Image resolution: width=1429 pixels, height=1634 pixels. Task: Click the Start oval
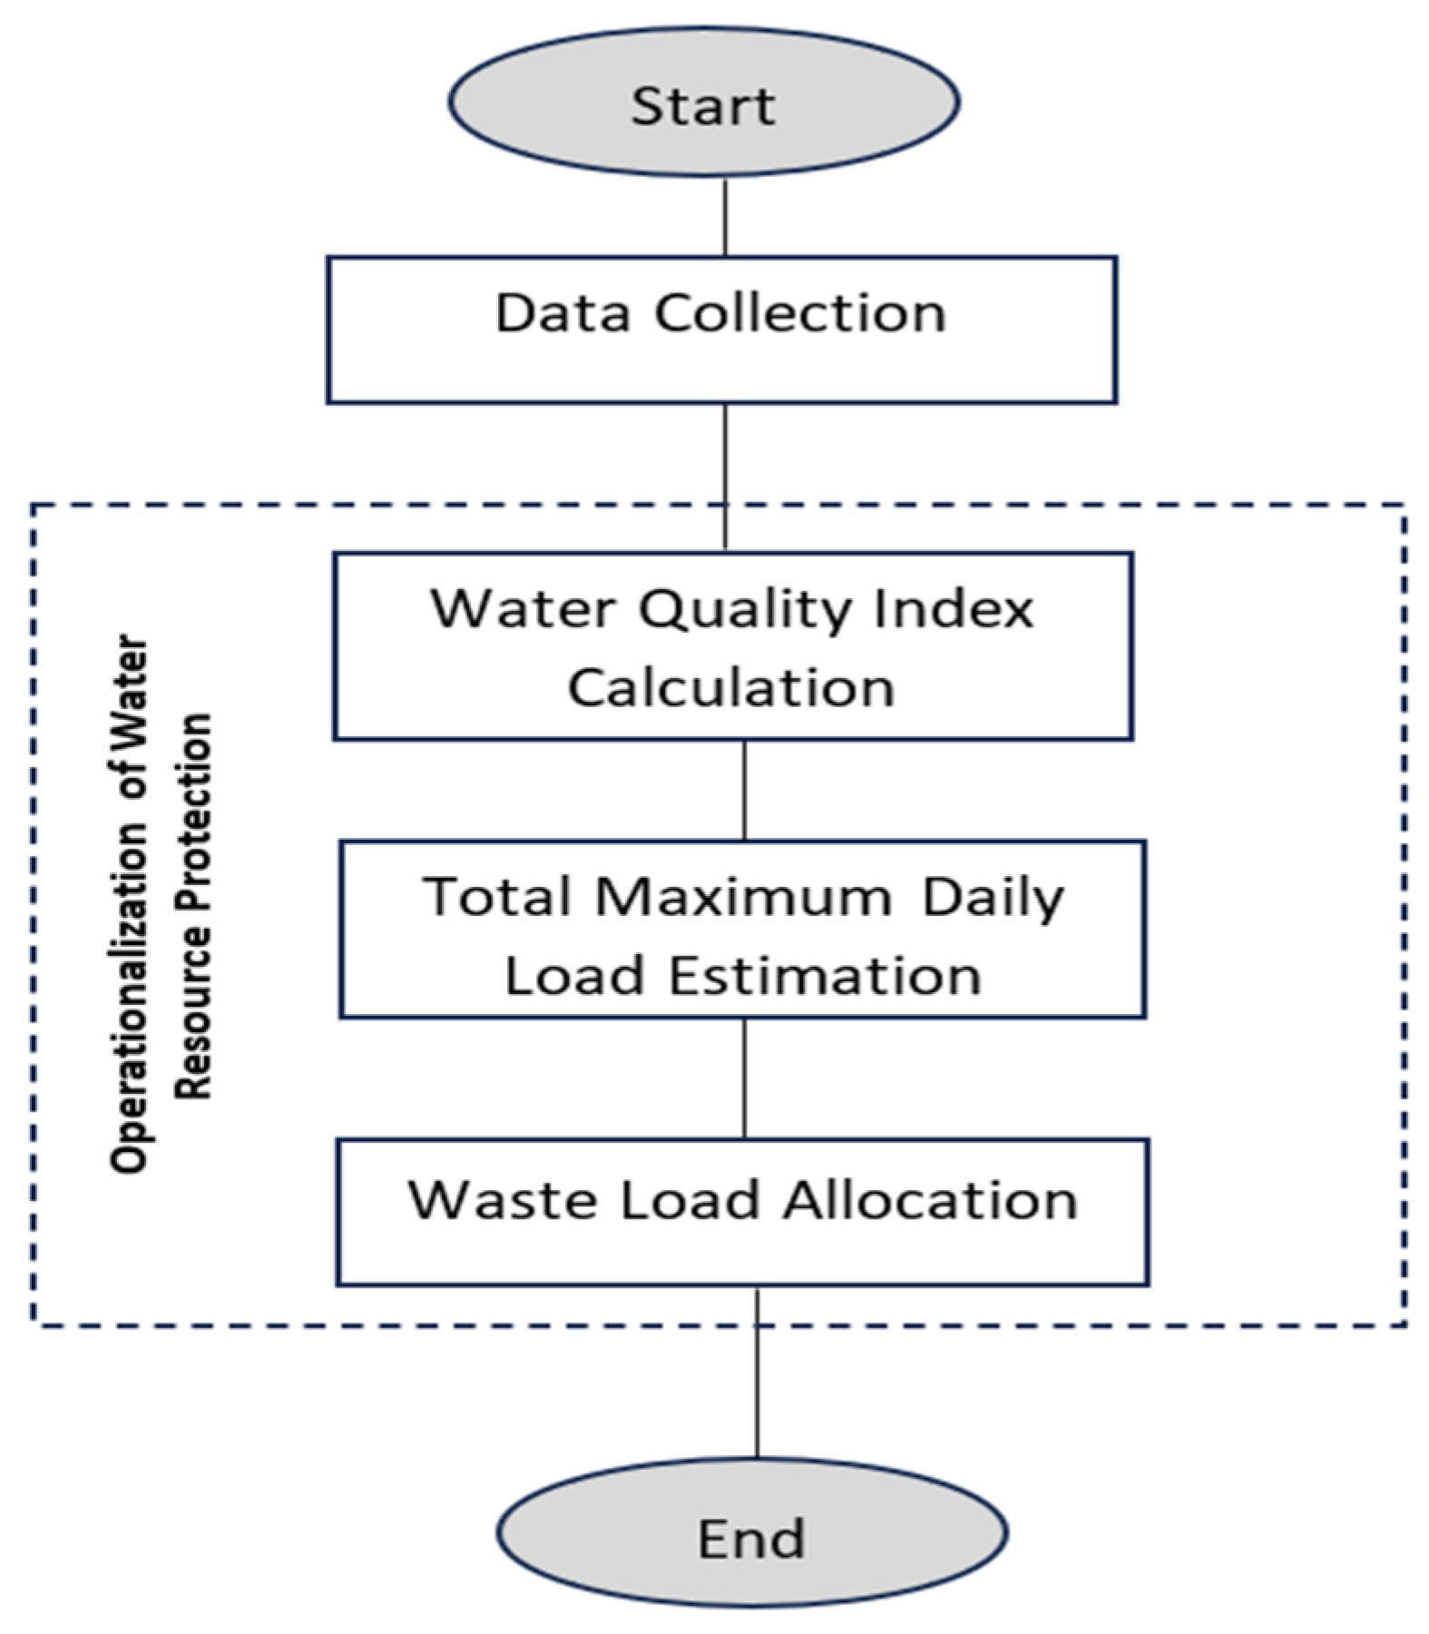703,102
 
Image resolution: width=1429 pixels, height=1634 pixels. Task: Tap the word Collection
800,313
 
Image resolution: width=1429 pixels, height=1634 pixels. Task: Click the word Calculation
731,687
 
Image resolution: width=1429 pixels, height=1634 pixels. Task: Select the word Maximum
744,897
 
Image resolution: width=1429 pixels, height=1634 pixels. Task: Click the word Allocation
930,1201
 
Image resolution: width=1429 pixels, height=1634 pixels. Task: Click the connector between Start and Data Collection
725,217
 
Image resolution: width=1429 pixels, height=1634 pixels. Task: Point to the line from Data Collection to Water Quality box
725,477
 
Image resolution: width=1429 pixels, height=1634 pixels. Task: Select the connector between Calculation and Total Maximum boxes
745,790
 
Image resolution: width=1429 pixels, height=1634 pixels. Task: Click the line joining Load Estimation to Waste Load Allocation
745,1078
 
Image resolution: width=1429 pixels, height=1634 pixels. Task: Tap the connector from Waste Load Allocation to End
757,1371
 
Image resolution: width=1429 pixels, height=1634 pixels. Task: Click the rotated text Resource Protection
192,908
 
